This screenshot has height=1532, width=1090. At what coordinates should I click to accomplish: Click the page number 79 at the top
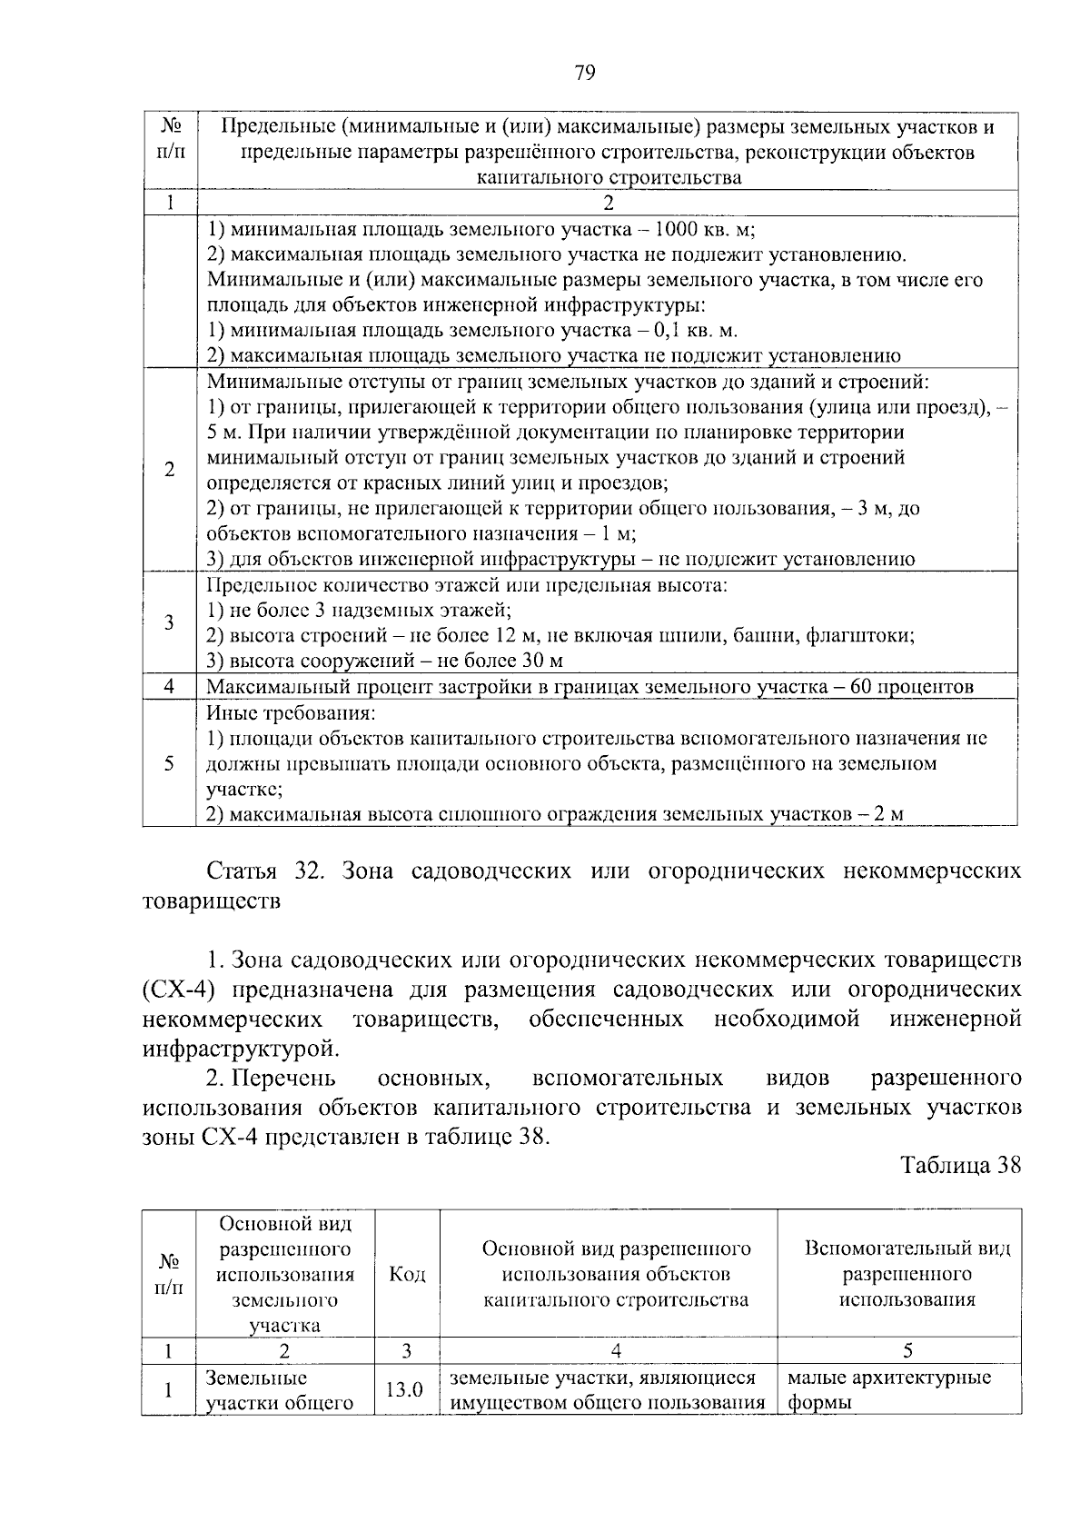585,74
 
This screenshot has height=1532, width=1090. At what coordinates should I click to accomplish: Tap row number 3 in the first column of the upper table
169,622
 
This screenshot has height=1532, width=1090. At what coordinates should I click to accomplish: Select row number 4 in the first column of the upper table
169,687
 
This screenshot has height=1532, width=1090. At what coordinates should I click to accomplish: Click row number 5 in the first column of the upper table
169,763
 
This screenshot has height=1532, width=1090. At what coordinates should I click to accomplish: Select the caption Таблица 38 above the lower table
961,1165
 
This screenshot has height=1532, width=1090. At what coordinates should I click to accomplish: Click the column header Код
407,1274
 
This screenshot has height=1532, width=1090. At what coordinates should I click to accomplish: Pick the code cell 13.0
406,1389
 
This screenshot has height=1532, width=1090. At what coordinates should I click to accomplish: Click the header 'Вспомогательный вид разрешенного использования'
907,1274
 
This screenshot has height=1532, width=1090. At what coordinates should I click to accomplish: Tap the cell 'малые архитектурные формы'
888,1389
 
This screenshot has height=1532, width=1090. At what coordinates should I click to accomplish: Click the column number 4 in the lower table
608,1351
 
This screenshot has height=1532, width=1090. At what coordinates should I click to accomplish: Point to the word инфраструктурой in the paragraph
240,1049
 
